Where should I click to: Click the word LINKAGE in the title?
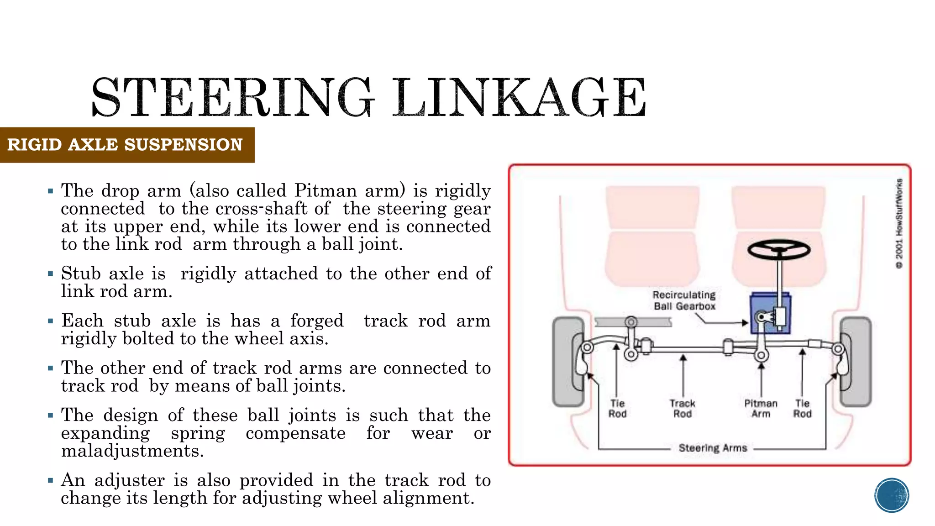[520, 97]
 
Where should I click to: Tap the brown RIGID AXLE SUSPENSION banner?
[126, 145]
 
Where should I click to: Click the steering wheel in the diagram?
[779, 250]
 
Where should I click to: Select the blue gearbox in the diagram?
[771, 313]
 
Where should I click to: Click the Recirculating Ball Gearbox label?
[684, 300]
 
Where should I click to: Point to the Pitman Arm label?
[761, 409]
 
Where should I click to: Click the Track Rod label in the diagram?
[683, 409]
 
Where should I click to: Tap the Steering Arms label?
[713, 448]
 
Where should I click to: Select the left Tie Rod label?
[617, 409]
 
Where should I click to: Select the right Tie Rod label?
[802, 409]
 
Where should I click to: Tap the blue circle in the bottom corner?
[892, 495]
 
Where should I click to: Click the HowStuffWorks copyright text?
[899, 224]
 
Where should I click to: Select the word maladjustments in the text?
[132, 451]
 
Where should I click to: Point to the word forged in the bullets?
[317, 321]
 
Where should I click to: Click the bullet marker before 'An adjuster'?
[51, 480]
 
